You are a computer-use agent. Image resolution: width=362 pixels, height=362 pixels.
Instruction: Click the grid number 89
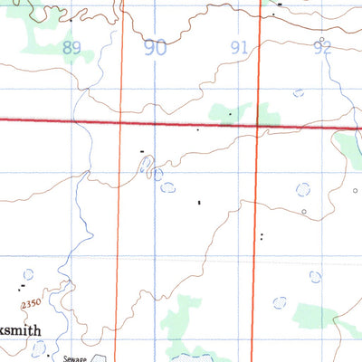coord(71,47)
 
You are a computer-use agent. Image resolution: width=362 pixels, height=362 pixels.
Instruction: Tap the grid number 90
coord(156,48)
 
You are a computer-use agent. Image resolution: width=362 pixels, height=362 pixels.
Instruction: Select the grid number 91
coord(240,48)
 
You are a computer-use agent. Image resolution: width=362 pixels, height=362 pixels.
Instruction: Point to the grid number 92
coord(322,48)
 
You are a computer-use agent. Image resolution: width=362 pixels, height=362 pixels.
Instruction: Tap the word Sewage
coord(74,357)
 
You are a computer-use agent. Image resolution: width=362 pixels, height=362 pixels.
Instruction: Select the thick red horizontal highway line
coord(181,124)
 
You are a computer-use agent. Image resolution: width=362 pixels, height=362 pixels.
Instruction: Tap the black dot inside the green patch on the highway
coord(231,115)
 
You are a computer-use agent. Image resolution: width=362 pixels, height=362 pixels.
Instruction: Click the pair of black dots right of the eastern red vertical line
coord(262,237)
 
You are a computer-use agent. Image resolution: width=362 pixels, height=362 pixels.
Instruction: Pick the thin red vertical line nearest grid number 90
coord(121,181)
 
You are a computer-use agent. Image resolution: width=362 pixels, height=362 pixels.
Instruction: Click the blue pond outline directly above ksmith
coord(27,272)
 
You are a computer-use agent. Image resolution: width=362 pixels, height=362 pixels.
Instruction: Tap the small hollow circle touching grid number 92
coord(319,40)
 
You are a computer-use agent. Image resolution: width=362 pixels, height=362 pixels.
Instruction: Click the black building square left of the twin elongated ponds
coord(141,150)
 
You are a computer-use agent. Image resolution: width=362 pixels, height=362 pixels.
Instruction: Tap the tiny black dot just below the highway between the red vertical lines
coord(197,130)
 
